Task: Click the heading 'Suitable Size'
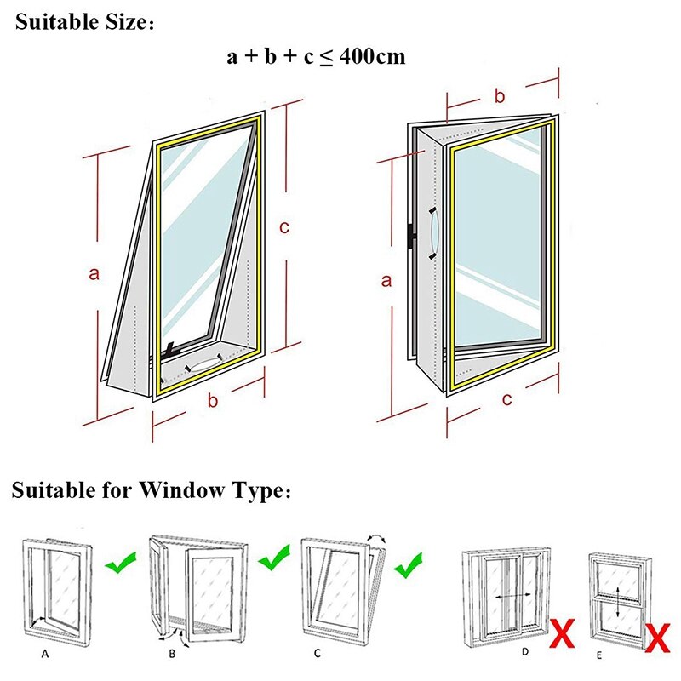81,22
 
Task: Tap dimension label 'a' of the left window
94,273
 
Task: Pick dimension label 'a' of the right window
386,280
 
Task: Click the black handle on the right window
411,237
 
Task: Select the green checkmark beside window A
120,563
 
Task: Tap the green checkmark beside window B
274,559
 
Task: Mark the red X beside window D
561,635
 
